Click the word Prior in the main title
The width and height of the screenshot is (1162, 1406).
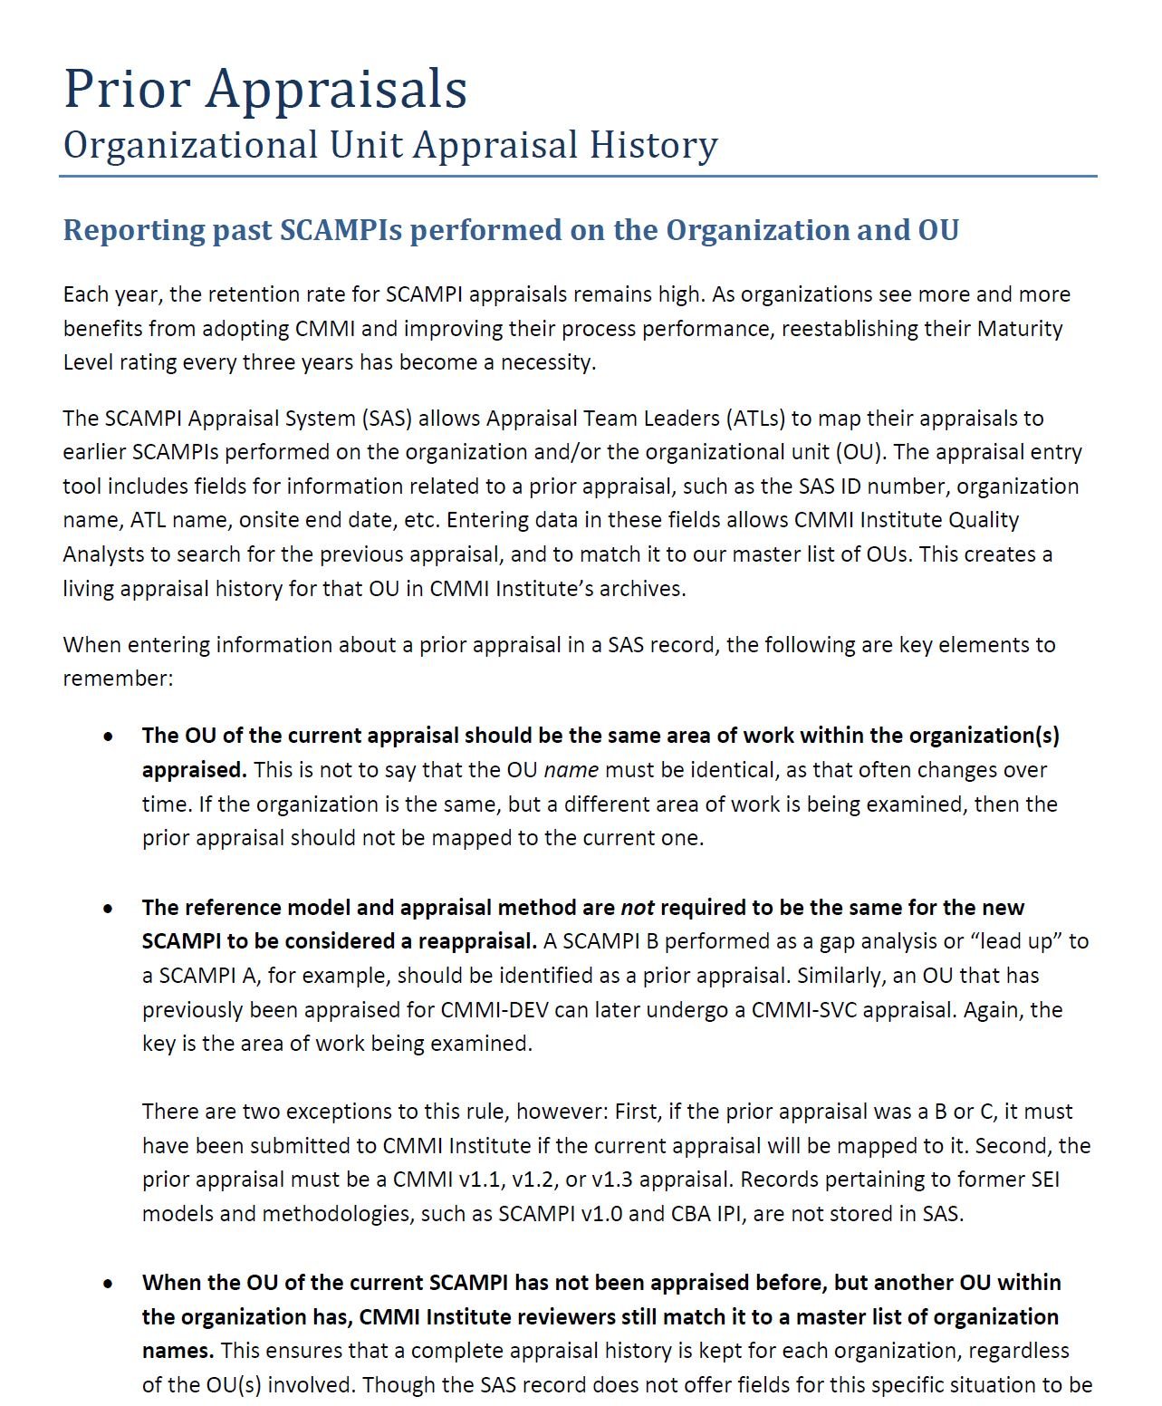[x=127, y=89]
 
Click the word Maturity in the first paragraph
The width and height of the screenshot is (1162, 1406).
[x=1019, y=328]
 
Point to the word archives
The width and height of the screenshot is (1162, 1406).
[x=647, y=589]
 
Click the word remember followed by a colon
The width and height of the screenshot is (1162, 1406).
[x=117, y=679]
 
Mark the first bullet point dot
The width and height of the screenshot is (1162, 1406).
[x=109, y=737]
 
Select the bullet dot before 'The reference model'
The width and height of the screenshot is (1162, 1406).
[x=109, y=908]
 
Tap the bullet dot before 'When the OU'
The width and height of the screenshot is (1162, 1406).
[x=109, y=1283]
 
